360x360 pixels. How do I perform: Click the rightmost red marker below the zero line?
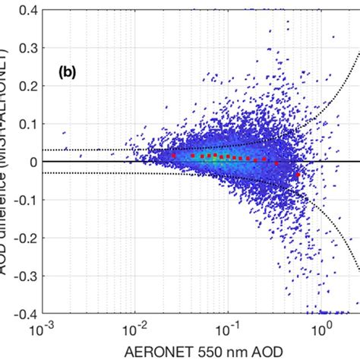click(x=298, y=175)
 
